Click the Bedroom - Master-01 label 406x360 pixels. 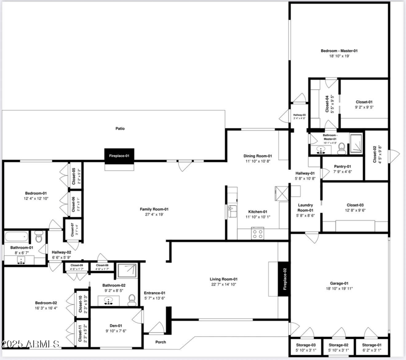point(339,51)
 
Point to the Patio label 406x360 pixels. point(120,129)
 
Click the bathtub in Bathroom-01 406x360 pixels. point(17,236)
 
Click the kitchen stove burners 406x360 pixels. point(257,234)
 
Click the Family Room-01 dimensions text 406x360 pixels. point(154,214)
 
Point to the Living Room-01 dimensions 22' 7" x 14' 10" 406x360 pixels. point(224,284)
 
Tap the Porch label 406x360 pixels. point(160,342)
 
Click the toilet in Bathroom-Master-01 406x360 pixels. point(342,148)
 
